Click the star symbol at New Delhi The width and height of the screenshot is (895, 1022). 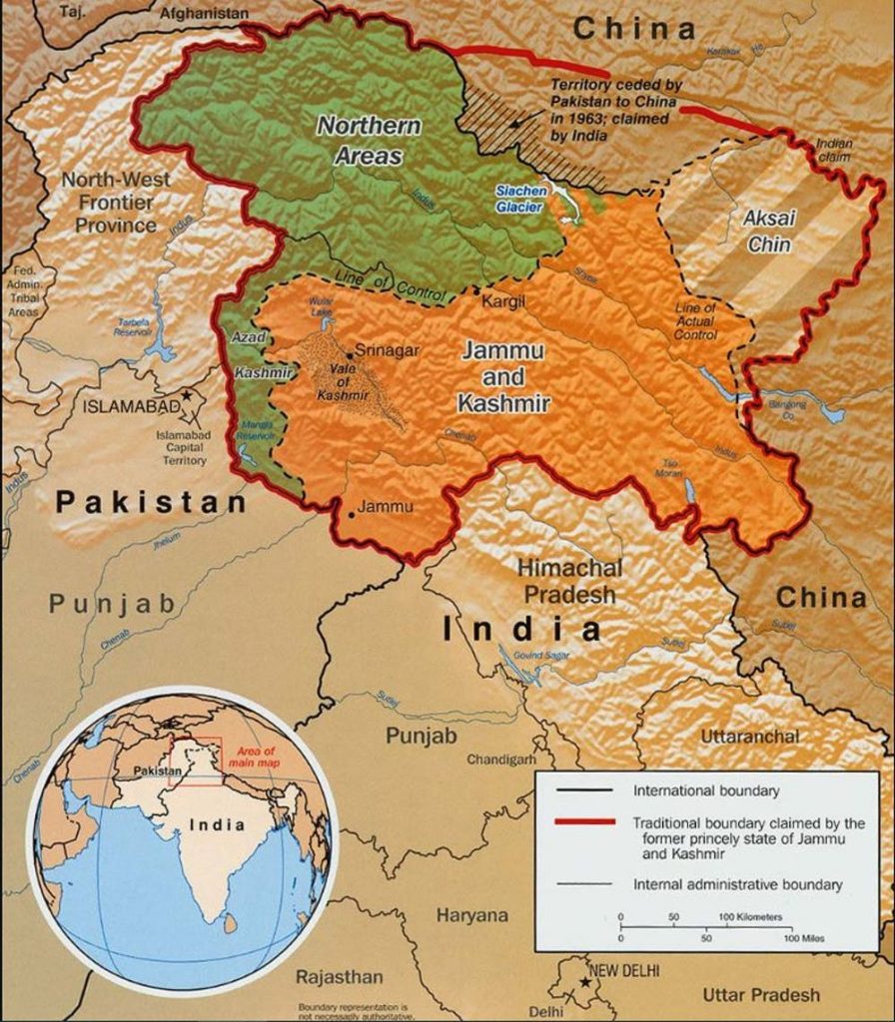(584, 984)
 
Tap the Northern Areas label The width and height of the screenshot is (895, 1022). (370, 141)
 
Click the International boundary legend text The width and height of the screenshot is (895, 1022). (706, 791)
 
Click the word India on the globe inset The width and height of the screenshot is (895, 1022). (218, 824)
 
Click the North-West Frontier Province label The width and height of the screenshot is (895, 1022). (116, 203)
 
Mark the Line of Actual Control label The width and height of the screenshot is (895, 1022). (696, 322)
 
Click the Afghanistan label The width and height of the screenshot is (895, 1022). (204, 14)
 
